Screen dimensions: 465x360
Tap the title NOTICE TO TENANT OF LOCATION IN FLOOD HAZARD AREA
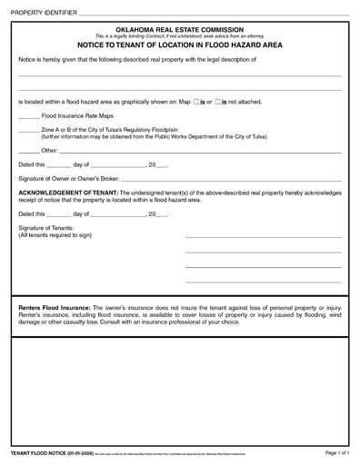[x=180, y=44]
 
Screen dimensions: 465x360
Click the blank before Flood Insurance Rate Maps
[x=28, y=117]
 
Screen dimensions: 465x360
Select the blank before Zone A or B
[x=28, y=131]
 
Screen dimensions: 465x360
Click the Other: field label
[x=50, y=150]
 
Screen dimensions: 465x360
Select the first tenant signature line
[x=264, y=237]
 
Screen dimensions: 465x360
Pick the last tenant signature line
[x=264, y=282]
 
